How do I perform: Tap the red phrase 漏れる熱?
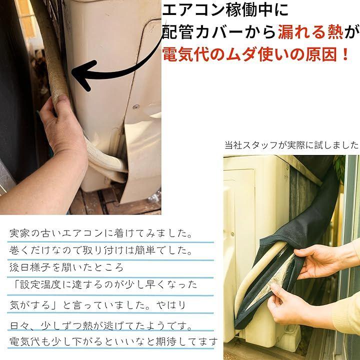310,32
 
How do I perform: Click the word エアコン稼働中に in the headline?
225,10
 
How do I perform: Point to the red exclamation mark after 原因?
345,55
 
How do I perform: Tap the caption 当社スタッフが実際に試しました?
291,145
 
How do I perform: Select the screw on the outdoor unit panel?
136,106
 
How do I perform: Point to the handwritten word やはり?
171,305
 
